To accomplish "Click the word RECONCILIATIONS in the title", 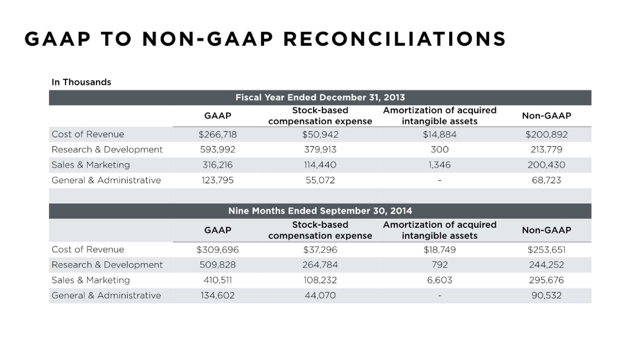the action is click(x=395, y=39).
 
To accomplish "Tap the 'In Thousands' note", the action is click(x=81, y=82).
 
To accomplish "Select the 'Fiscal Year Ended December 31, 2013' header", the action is click(x=320, y=97).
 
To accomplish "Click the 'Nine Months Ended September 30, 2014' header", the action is click(x=320, y=211).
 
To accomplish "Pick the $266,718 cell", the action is click(x=218, y=134).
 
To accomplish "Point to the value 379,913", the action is click(x=320, y=150).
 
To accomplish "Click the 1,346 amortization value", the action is click(x=440, y=165).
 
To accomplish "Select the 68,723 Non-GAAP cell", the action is click(x=546, y=180).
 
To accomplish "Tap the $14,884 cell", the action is click(x=440, y=134).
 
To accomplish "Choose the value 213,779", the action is click(x=546, y=150).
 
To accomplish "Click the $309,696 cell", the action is click(x=218, y=250).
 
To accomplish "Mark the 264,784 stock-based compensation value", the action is click(x=320, y=265).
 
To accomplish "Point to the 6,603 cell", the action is click(x=440, y=280).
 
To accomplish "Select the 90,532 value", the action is click(x=546, y=295).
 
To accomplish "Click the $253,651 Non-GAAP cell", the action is click(x=546, y=250).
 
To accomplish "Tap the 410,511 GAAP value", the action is click(x=218, y=280).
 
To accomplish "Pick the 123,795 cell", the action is click(x=218, y=180).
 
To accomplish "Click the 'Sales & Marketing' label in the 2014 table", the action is click(x=91, y=280).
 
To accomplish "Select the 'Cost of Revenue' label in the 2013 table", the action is click(x=88, y=134).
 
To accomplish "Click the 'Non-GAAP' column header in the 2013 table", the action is click(x=546, y=116).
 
